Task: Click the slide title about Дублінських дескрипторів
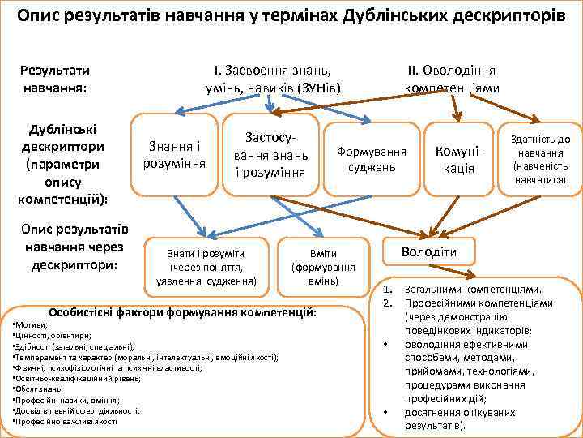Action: [x=291, y=15]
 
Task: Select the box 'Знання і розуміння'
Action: [x=175, y=154]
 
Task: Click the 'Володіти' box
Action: [x=429, y=251]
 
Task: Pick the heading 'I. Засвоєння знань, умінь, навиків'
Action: [x=273, y=78]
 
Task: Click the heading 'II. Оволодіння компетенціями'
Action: [x=451, y=78]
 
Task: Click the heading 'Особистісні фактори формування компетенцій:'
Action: [x=183, y=312]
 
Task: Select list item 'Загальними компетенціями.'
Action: [x=472, y=290]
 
